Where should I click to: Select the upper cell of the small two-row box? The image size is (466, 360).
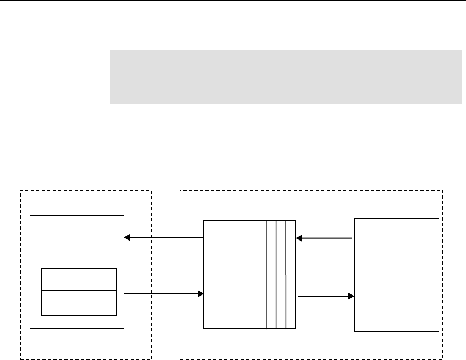click(x=79, y=279)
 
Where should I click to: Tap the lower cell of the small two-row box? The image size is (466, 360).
click(x=79, y=303)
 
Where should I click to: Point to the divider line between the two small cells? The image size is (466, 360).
click(x=79, y=290)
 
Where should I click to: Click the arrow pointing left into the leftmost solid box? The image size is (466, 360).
click(x=164, y=238)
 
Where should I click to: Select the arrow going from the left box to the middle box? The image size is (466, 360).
click(x=164, y=294)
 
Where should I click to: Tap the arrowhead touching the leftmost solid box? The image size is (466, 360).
click(x=127, y=238)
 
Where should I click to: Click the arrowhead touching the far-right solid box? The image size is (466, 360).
click(x=351, y=296)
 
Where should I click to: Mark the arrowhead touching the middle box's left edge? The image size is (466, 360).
click(x=200, y=294)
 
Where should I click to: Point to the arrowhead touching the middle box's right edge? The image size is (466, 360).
click(x=299, y=238)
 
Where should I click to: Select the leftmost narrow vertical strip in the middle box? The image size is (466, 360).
click(x=271, y=274)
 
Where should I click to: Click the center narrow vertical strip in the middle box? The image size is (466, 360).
click(x=281, y=274)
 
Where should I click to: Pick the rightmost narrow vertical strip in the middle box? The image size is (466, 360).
click(x=291, y=274)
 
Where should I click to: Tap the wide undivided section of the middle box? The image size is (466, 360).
click(x=234, y=274)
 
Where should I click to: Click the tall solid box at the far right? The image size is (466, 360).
click(x=396, y=275)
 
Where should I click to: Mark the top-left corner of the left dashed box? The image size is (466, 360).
click(x=20, y=191)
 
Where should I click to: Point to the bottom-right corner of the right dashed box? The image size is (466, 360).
click(x=443, y=359)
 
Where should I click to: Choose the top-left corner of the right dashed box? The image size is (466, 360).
click(x=180, y=191)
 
